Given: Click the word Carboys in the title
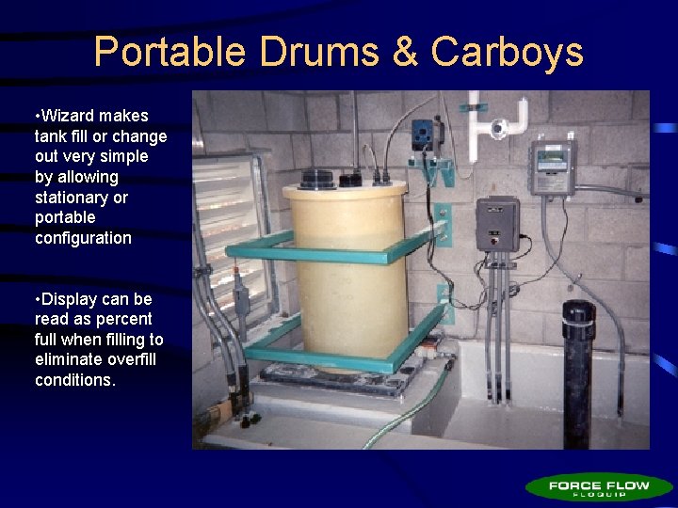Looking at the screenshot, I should pos(508,53).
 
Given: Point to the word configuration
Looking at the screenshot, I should pos(83,238).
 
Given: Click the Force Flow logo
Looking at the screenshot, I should pos(599,487).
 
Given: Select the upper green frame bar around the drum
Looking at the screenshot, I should pos(339,252).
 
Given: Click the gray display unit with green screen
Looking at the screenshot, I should pos(553,168).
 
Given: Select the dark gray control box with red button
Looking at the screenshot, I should pos(497,224).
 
